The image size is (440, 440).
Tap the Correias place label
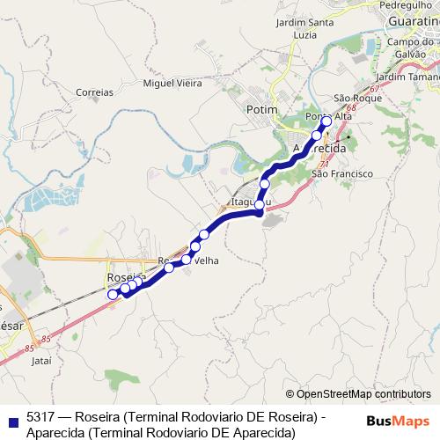tap(95, 92)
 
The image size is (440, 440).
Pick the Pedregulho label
tap(402, 4)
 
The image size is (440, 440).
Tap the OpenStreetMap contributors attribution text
tap(358, 394)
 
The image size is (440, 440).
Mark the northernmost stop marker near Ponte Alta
tap(326, 121)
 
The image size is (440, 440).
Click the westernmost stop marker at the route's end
tap(113, 295)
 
